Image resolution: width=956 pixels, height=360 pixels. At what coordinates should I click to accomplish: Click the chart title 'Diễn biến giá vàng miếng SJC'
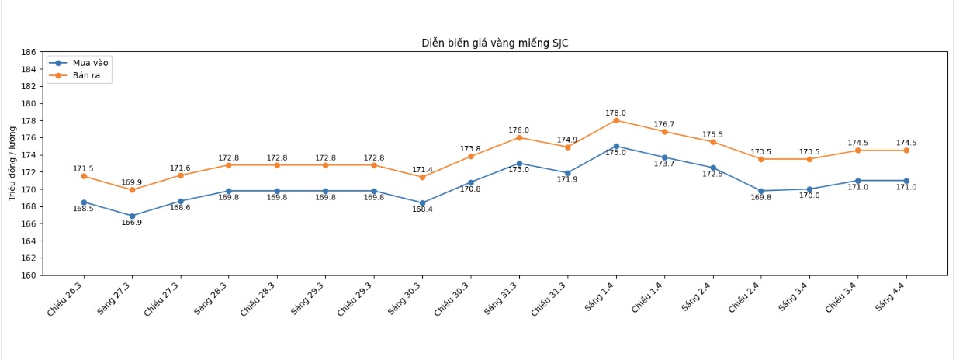pyautogui.click(x=494, y=43)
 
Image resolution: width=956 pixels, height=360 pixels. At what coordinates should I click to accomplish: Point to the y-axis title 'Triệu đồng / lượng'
pyautogui.click(x=12, y=164)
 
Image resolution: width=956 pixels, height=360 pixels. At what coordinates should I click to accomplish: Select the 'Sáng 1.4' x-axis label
pyautogui.click(x=601, y=297)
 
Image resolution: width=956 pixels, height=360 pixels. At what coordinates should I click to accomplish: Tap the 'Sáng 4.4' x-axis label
pyautogui.click(x=892, y=297)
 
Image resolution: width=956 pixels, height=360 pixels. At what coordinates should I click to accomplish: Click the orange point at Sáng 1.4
pyautogui.click(x=616, y=120)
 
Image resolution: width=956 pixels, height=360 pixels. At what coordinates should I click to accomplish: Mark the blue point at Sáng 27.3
pyautogui.click(x=132, y=216)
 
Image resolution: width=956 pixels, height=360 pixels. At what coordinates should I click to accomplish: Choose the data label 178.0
pyautogui.click(x=615, y=113)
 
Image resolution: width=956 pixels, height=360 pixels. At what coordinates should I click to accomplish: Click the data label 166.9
pyautogui.click(x=132, y=223)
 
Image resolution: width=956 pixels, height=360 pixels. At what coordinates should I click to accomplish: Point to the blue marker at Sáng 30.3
pyautogui.click(x=422, y=203)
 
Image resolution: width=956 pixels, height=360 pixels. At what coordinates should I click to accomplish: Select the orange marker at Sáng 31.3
pyautogui.click(x=519, y=137)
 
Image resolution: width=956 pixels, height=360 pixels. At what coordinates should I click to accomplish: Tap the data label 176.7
pyautogui.click(x=664, y=124)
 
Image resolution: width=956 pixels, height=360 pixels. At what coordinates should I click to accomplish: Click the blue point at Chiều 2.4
pyautogui.click(x=761, y=191)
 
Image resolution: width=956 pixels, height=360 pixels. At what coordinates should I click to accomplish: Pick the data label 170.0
pyautogui.click(x=809, y=196)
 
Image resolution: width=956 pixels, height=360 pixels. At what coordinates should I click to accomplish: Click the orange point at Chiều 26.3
pyautogui.click(x=84, y=176)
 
